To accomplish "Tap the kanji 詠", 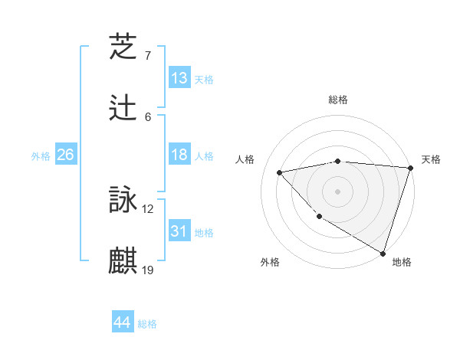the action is pos(123,201).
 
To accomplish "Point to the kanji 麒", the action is pos(123,260).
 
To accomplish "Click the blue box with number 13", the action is pos(179,78).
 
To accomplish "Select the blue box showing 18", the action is pos(179,155).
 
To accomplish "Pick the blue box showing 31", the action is pos(179,231).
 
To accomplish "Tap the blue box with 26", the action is pos(65,155).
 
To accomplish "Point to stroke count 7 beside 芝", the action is pos(147,56).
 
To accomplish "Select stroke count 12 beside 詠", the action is pos(148,209).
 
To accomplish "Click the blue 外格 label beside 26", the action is pos(41,156).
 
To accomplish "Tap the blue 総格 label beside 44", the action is pos(147,324).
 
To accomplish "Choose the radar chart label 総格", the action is pos(337,100).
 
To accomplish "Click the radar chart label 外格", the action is pos(270,262).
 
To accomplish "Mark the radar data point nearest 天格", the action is pos(409,168).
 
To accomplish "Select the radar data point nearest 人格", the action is pos(280,172).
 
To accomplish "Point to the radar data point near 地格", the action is pos(383,252).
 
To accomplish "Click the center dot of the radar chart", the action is pos(337,191).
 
